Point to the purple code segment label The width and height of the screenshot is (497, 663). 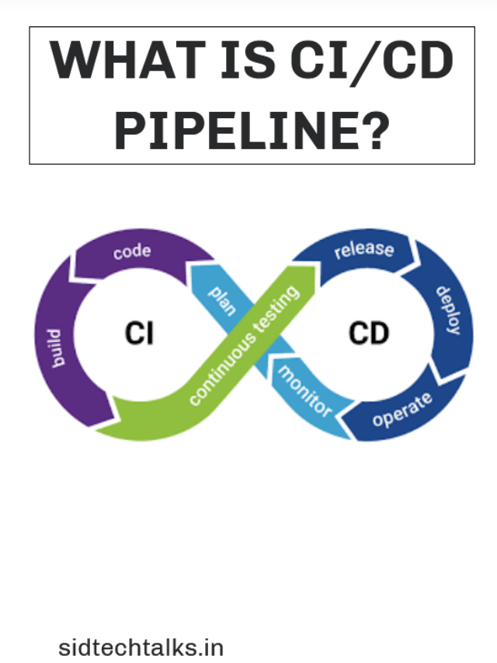(131, 252)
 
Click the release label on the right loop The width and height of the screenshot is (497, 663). (363, 249)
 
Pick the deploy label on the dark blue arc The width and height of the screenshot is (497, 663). (448, 311)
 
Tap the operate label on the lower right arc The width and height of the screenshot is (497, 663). (401, 409)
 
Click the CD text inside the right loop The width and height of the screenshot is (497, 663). (368, 333)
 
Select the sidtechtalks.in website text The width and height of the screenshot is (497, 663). (141, 647)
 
